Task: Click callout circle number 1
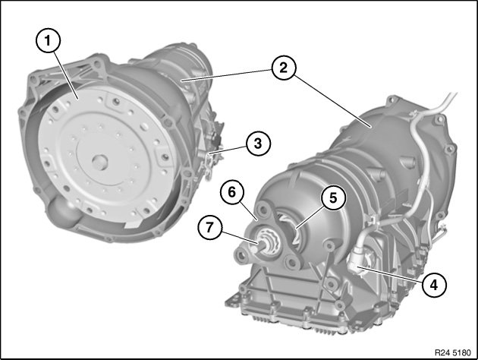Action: (x=48, y=40)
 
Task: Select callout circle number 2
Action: (x=284, y=68)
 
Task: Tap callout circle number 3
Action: (x=258, y=143)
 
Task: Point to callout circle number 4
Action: (x=434, y=285)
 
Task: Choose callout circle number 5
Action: (x=333, y=197)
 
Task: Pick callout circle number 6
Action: (x=232, y=192)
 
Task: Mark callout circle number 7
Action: (x=209, y=227)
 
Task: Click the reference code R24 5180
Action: (x=453, y=352)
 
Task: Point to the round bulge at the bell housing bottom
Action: (x=62, y=210)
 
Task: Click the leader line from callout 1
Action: (x=67, y=75)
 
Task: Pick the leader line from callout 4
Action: (x=391, y=274)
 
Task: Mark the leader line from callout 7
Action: (x=239, y=237)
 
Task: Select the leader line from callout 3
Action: (x=229, y=150)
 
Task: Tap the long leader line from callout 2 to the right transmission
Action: (x=332, y=101)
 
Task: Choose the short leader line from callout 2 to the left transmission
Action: (x=227, y=75)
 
